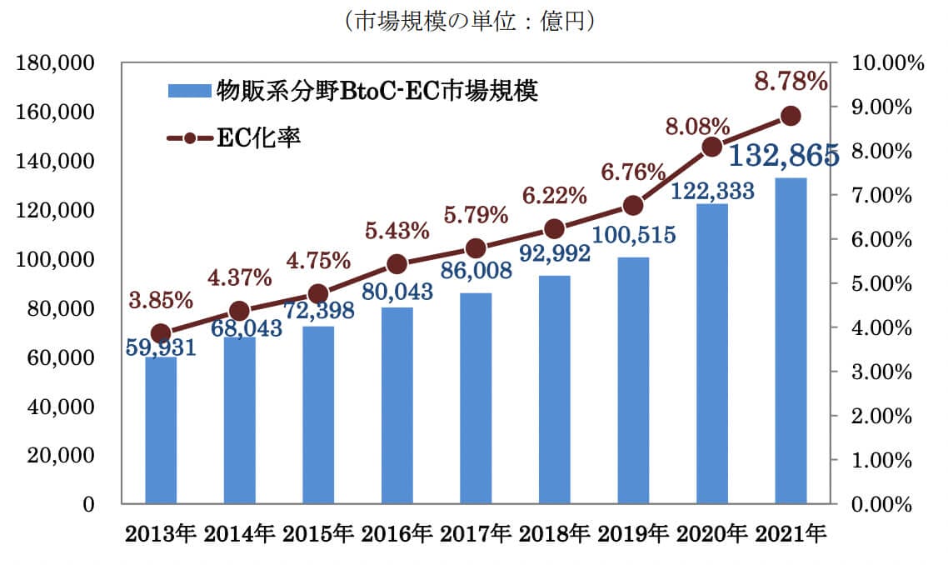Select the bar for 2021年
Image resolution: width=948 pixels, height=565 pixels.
(791, 341)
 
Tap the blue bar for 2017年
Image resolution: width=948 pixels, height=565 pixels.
(476, 398)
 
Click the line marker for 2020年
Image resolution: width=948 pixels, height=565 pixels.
(712, 147)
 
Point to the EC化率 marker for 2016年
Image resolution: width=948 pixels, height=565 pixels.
(397, 264)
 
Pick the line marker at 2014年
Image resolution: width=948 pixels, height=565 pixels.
(240, 311)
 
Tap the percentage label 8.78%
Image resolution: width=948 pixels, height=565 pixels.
(791, 81)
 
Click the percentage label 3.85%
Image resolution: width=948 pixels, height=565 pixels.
(161, 298)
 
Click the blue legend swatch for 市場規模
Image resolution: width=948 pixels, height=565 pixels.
(190, 89)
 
